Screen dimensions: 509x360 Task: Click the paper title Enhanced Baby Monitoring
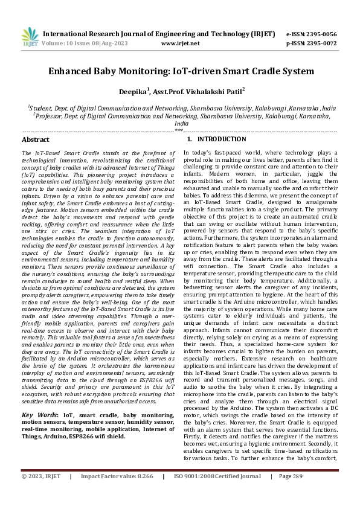coord(180,71)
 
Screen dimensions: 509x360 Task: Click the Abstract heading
coord(36,139)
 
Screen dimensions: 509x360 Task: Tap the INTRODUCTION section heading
coord(208,139)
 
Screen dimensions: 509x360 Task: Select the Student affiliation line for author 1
coord(180,107)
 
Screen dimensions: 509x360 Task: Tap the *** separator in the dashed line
coord(179,130)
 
